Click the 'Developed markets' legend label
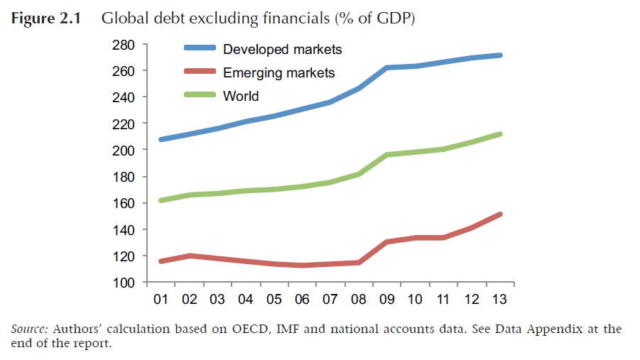tap(282, 49)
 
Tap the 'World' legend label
tap(241, 96)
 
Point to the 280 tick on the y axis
tap(124, 45)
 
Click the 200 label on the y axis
tap(124, 151)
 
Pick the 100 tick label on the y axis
tap(124, 283)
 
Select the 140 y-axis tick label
tap(124, 230)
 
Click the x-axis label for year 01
tap(161, 300)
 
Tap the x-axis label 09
tap(387, 300)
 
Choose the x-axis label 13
tap(500, 300)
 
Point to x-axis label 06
tap(303, 300)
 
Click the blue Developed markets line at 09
tap(387, 68)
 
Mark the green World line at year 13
tap(500, 134)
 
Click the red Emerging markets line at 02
tap(190, 256)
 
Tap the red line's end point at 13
tap(500, 214)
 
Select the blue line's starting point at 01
tap(162, 139)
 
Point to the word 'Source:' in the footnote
tap(29, 329)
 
